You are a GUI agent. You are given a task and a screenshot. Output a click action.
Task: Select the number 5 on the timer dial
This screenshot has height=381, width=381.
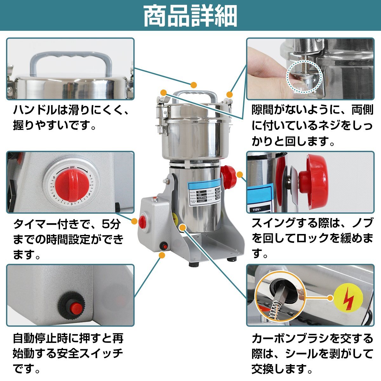[x=55, y=178]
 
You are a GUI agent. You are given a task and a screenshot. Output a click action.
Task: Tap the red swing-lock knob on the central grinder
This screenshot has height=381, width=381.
[x=228, y=175]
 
